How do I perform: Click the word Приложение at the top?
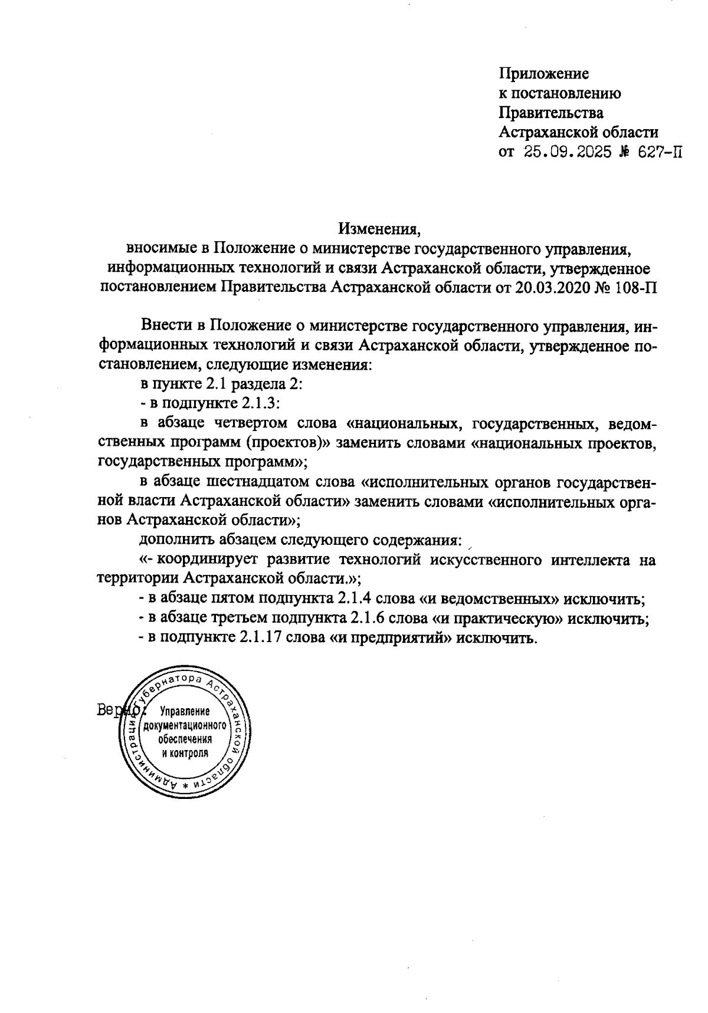coord(544,74)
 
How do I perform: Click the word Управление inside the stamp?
coord(185,711)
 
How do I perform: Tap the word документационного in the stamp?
coord(185,725)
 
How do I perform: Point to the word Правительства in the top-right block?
coord(551,113)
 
